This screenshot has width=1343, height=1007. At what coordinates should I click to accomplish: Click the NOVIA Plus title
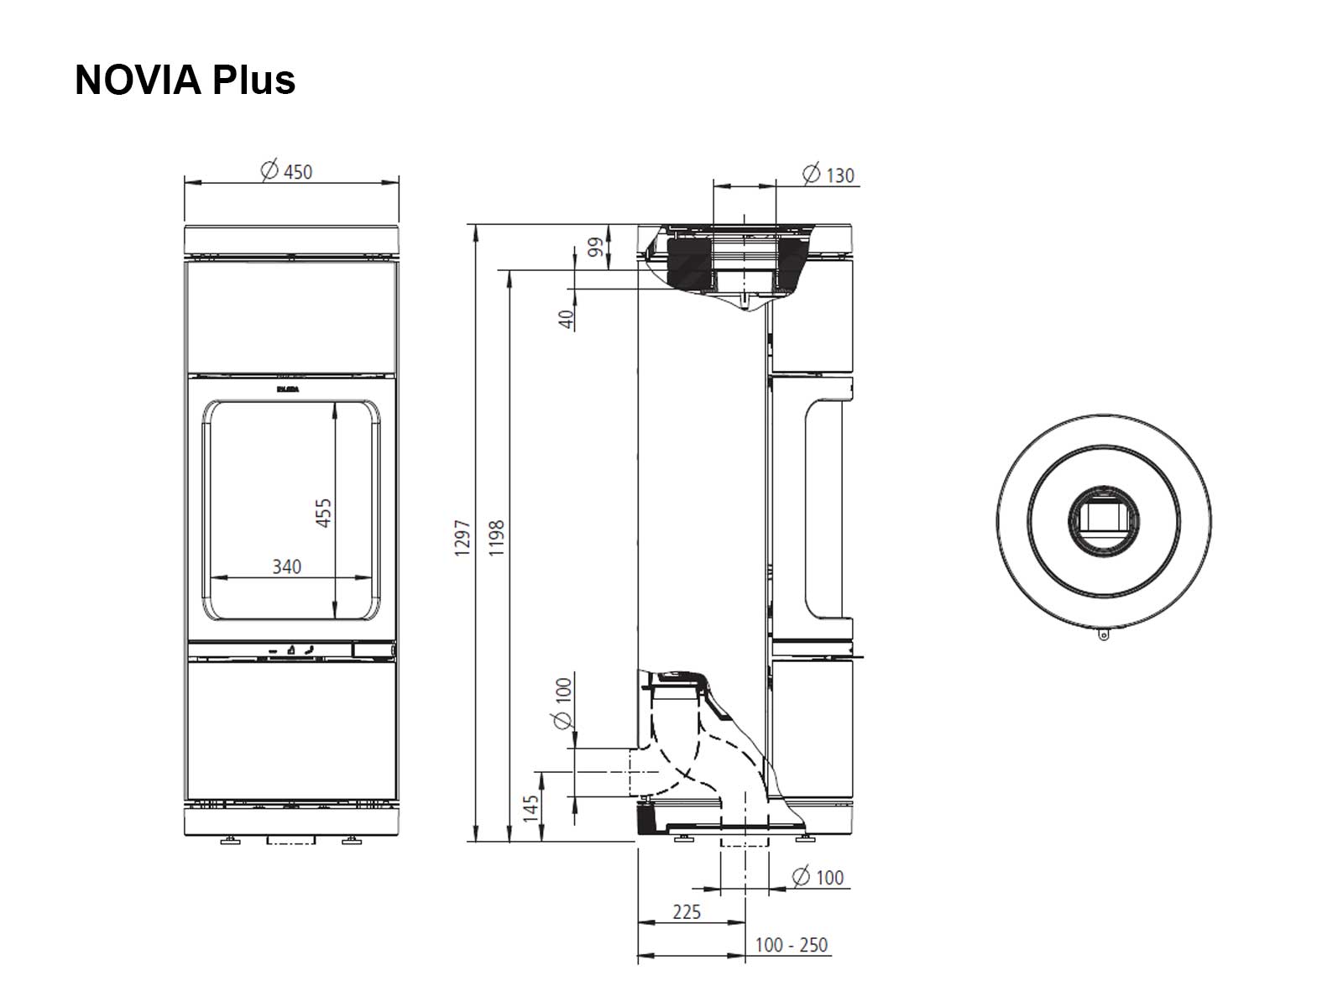[185, 80]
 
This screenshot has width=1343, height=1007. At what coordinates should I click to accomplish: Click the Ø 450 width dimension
[286, 170]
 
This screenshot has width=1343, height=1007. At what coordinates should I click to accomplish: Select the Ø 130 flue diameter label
[828, 175]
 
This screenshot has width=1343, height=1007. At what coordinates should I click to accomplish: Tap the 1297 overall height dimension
[462, 537]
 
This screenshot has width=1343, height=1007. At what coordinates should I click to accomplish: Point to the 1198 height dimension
[496, 537]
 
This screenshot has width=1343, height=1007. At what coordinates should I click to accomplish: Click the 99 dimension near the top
[595, 247]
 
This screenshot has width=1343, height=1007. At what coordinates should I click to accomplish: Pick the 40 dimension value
[567, 319]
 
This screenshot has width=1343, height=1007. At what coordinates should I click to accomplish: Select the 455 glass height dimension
[323, 513]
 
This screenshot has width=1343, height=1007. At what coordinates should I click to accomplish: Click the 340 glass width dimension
[286, 566]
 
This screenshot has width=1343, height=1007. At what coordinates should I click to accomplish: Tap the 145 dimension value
[530, 808]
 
